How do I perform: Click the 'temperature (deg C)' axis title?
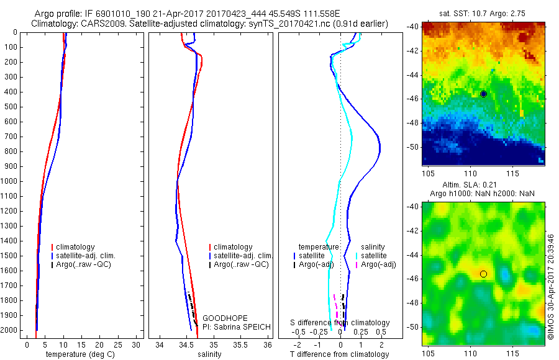84,354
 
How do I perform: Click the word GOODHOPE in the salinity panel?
221,317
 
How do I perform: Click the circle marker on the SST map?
483,94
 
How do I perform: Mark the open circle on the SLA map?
483,274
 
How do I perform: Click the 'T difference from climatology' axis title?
339,354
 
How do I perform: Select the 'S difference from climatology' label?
340,323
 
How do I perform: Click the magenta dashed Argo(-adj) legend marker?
357,265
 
